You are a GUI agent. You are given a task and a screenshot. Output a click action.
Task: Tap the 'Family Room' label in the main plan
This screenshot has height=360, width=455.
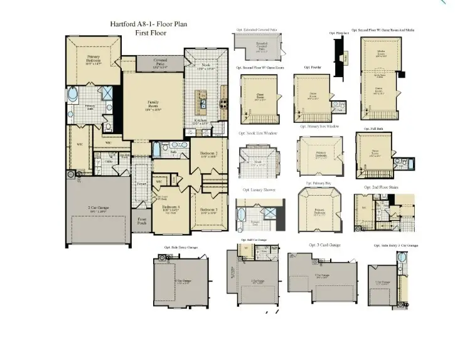click(x=153, y=105)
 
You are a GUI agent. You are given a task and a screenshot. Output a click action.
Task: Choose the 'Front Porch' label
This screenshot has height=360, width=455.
click(x=142, y=221)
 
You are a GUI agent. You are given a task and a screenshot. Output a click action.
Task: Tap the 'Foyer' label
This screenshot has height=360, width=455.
click(x=142, y=184)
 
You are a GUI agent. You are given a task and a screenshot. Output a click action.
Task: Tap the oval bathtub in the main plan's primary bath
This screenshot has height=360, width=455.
click(x=73, y=97)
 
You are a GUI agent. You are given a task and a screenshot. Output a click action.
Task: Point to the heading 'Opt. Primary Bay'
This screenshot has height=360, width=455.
click(x=318, y=183)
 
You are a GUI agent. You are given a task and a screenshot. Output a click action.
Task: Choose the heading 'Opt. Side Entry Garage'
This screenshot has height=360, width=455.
click(x=181, y=248)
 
